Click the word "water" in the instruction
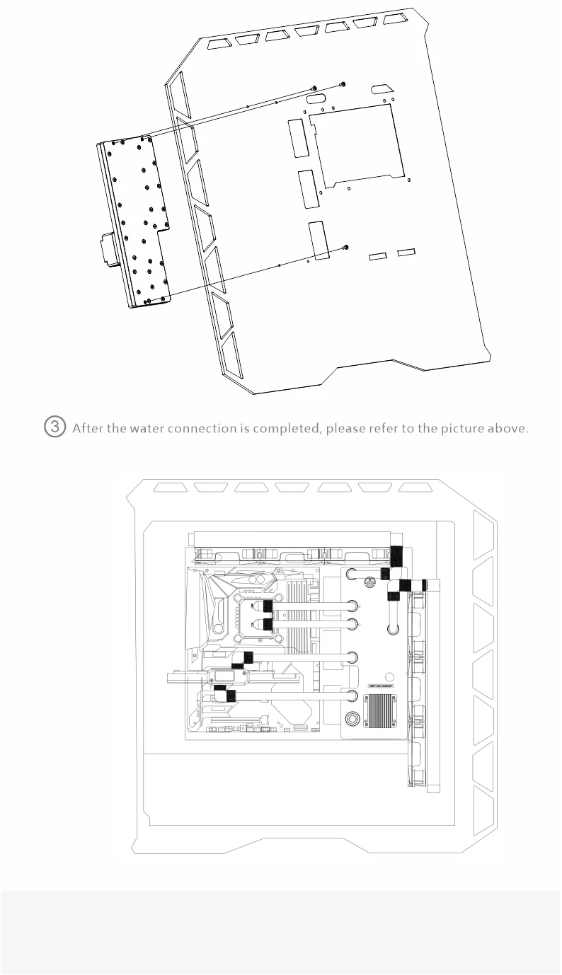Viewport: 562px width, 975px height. coord(147,429)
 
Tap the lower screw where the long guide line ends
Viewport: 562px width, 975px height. coord(345,247)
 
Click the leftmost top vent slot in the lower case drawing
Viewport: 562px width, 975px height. coord(170,487)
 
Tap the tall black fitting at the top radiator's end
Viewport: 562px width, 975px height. coord(396,557)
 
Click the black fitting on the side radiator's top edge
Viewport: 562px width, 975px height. coord(423,584)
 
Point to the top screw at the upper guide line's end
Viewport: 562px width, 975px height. coord(343,84)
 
